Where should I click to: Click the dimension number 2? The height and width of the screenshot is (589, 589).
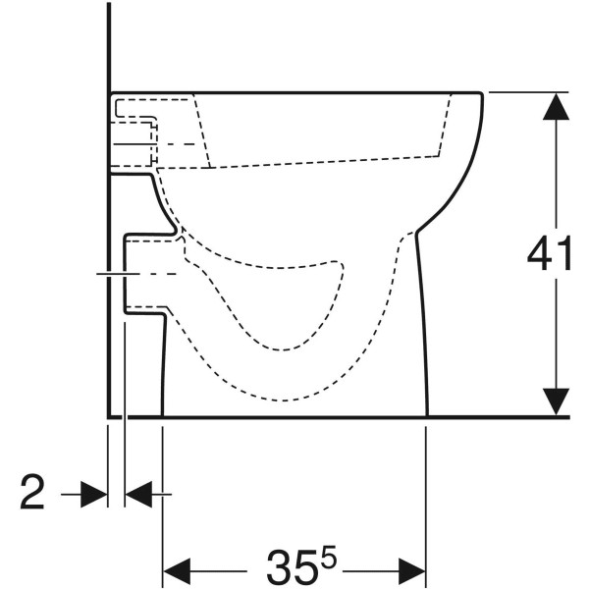tap(32, 492)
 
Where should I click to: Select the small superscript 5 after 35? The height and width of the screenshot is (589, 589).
tap(330, 555)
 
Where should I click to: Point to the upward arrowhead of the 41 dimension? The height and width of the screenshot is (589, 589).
tap(556, 107)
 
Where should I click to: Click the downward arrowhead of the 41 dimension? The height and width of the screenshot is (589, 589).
tap(556, 402)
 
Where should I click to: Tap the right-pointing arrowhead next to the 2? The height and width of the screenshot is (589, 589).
tap(94, 495)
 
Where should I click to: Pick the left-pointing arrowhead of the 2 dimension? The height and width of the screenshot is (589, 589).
tap(138, 495)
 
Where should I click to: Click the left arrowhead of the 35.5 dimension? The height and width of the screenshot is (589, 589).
tap(177, 571)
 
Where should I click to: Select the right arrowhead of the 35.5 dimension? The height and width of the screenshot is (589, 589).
tap(411, 571)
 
